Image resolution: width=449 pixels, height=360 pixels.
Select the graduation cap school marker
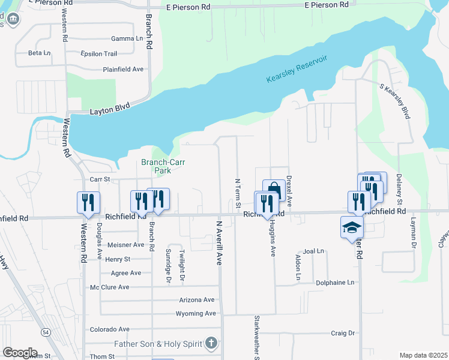[352, 227]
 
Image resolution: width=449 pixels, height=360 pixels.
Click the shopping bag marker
[274, 190]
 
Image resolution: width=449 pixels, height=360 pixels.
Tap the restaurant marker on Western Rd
[88, 202]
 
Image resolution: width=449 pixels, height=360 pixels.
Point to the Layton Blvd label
[110, 111]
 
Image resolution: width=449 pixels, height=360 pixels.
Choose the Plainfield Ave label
[123, 69]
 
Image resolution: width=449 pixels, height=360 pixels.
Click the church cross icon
[210, 344]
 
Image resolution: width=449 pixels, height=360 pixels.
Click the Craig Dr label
[343, 333]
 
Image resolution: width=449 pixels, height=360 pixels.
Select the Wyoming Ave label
[195, 313]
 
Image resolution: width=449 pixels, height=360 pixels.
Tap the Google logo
[20, 353]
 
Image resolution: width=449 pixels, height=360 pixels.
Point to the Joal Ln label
[313, 251]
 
